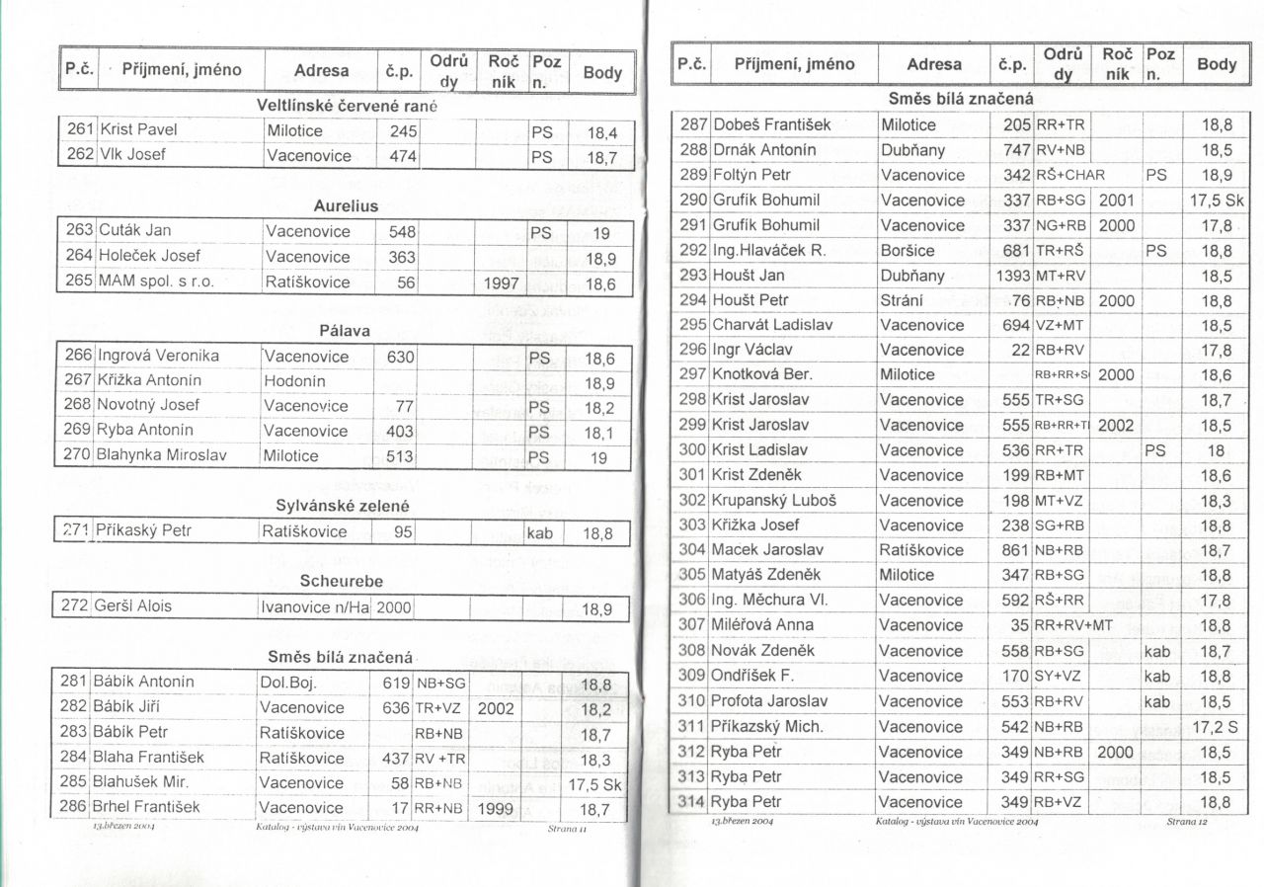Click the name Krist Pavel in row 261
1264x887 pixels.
137,130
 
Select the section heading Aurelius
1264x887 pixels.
346,206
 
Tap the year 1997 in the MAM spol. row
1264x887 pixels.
501,282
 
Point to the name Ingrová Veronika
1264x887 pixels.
158,357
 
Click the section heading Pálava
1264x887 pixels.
345,331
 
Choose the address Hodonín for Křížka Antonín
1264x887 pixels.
294,381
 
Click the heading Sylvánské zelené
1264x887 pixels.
342,506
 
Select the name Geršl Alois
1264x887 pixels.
131,605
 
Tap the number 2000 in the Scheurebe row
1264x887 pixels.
394,607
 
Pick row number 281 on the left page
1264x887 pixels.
73,683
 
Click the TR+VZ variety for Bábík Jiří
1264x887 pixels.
437,708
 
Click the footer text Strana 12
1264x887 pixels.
1186,822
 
